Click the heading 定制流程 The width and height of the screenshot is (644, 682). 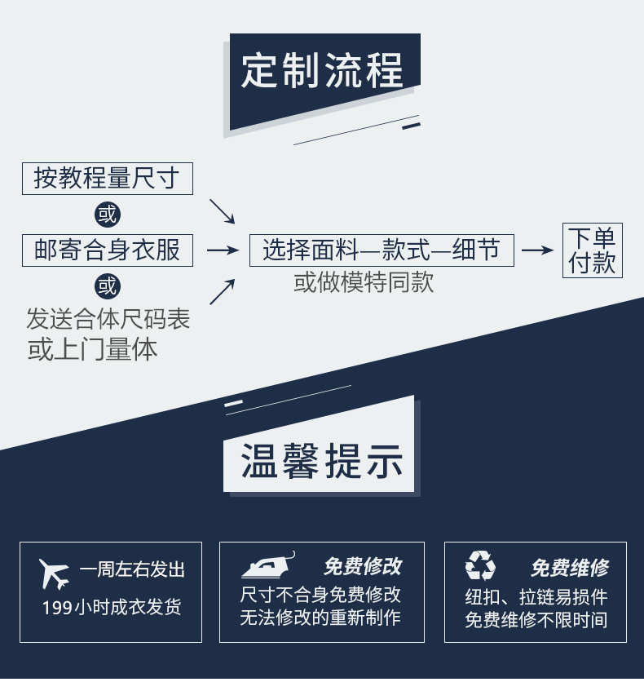(323, 71)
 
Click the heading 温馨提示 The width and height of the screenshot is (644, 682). (322, 463)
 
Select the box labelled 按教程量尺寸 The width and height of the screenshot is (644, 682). (107, 178)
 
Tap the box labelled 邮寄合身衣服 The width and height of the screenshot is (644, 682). (107, 250)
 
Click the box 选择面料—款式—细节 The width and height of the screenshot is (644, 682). (382, 250)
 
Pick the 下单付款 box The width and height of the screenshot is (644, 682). (592, 250)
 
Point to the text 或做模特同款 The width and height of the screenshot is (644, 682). (364, 282)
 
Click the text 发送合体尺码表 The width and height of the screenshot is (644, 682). (108, 318)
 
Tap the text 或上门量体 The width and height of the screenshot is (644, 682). (92, 350)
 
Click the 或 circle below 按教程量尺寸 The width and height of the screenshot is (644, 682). (107, 215)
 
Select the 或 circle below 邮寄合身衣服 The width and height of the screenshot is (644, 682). (107, 286)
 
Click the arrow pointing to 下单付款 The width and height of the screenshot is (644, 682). (537, 250)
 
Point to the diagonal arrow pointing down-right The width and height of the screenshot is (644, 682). (222, 210)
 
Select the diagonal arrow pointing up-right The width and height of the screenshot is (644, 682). (222, 291)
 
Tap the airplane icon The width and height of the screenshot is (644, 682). (55, 573)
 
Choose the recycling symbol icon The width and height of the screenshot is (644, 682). (480, 565)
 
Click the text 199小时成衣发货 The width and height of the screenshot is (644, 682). (112, 607)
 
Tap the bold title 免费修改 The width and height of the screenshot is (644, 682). (362, 567)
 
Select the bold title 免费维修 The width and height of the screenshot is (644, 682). (569, 567)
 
